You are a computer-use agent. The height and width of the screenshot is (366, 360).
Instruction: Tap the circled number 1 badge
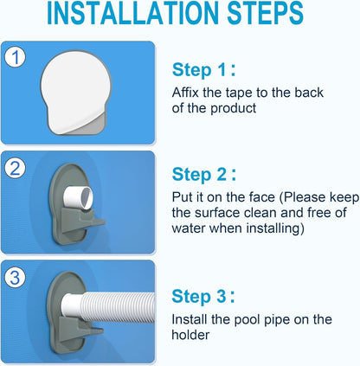point(16,58)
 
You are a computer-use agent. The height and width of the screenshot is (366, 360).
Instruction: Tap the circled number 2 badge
point(16,168)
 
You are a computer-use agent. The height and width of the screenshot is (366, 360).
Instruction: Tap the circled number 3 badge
point(16,277)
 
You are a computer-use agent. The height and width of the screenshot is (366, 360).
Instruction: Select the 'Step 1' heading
point(205,70)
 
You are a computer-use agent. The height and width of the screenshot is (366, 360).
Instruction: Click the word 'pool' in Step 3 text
point(244,320)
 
